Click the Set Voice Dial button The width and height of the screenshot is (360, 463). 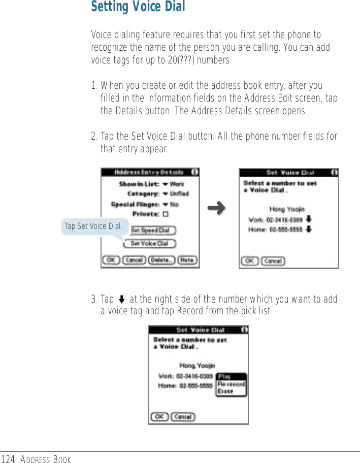(x=149, y=244)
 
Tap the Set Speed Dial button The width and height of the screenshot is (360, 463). (x=149, y=230)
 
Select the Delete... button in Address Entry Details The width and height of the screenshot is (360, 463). (x=162, y=260)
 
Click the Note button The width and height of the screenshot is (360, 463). (x=187, y=260)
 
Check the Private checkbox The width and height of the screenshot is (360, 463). (x=166, y=214)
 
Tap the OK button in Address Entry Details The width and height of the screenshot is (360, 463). (x=111, y=260)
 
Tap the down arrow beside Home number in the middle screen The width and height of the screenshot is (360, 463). (x=309, y=229)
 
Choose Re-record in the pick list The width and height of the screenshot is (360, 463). (x=231, y=384)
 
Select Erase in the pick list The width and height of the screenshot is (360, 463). (x=225, y=391)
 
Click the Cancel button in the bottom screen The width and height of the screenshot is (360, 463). (x=183, y=417)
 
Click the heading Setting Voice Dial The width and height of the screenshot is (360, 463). (x=138, y=8)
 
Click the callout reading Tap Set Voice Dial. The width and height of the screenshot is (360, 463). (x=93, y=226)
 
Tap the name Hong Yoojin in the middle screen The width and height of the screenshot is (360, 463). (x=287, y=209)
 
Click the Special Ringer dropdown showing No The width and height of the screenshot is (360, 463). (x=170, y=204)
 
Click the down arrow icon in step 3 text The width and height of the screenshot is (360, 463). (x=122, y=300)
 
